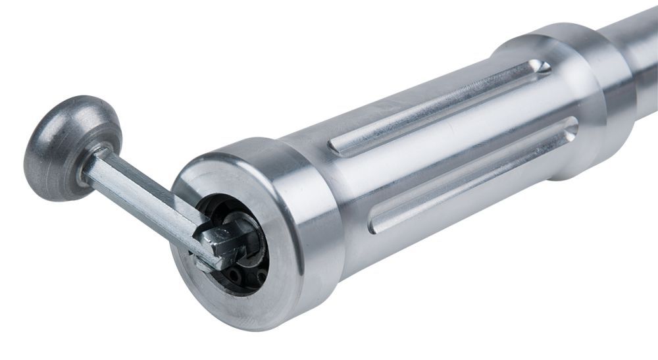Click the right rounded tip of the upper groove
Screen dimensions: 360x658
point(542,66)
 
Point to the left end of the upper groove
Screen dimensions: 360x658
point(336,148)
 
